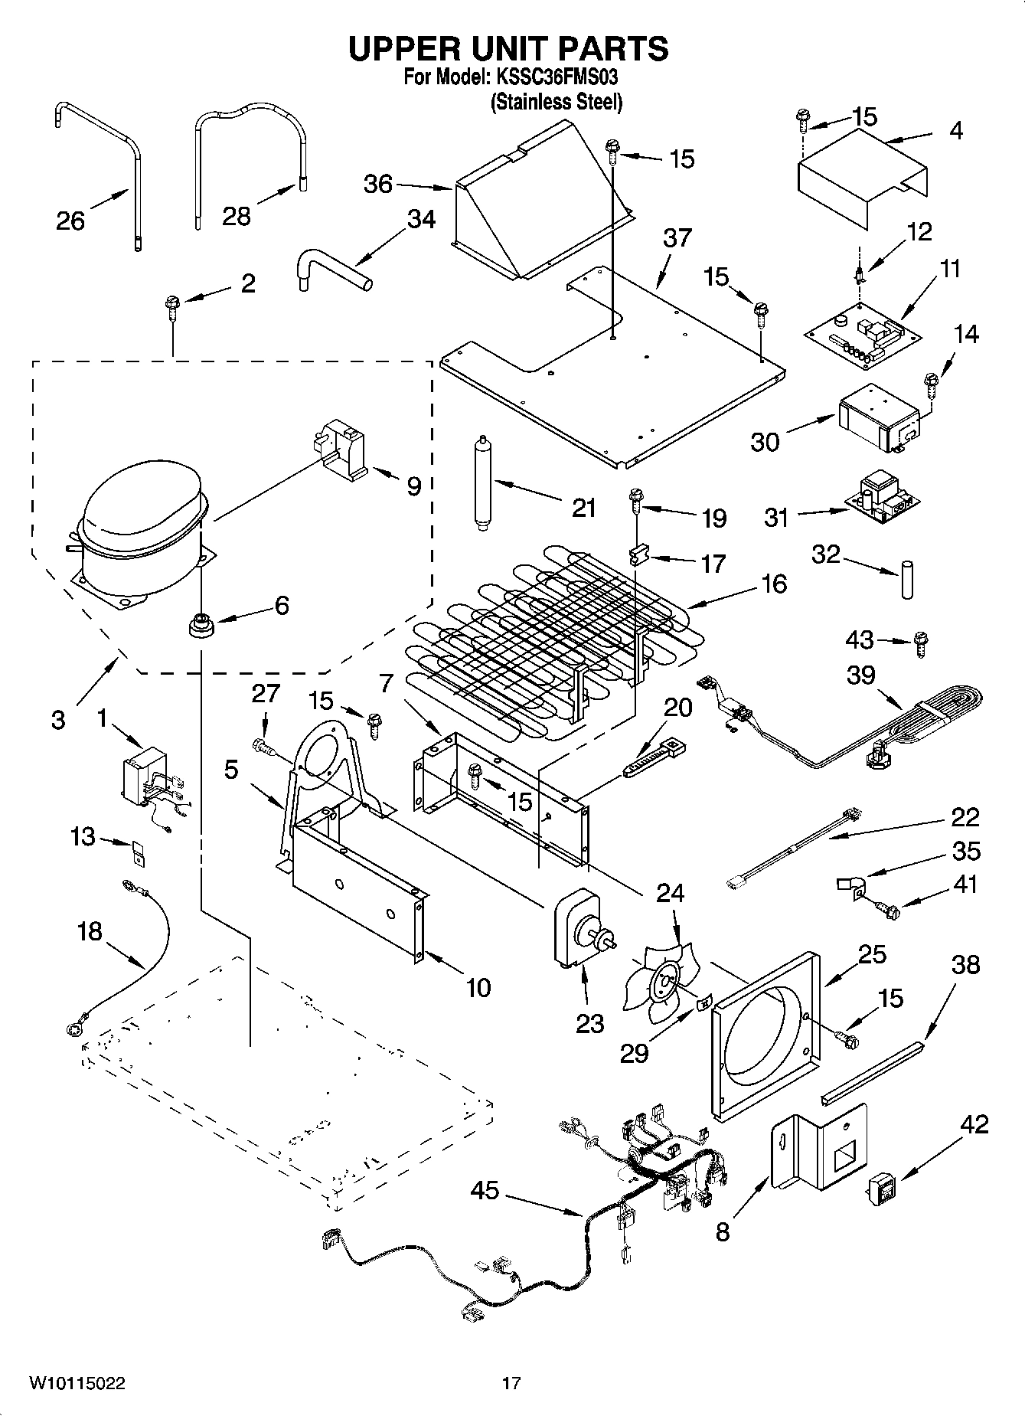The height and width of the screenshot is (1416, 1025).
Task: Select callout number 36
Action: point(378,184)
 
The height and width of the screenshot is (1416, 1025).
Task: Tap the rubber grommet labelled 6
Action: point(201,623)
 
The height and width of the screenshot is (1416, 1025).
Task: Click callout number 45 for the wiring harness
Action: point(485,1189)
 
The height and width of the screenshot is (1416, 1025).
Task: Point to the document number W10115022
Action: point(77,1383)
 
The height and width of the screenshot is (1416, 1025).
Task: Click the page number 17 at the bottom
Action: point(511,1383)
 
